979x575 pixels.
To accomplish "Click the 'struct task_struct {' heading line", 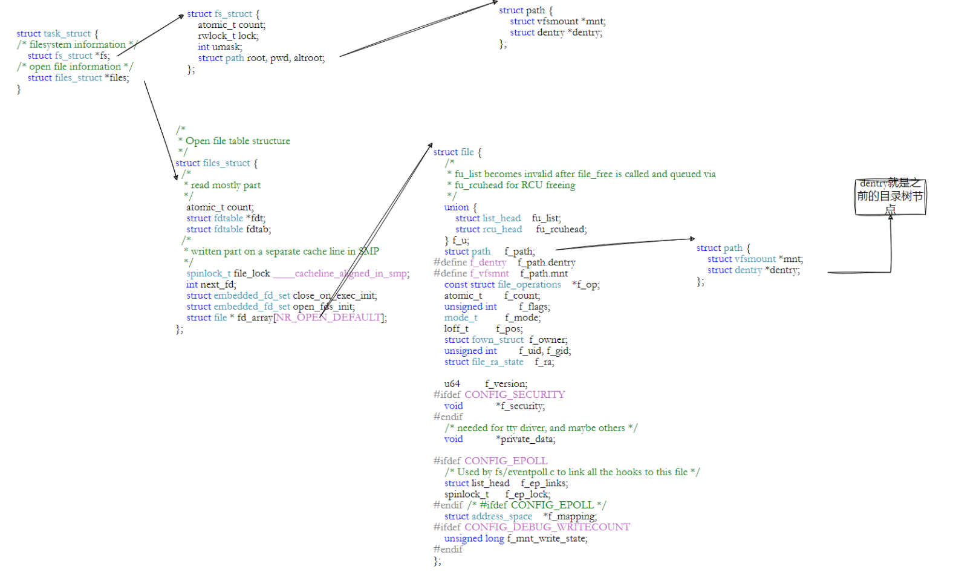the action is click(x=57, y=34).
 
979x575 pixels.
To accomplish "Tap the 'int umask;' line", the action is click(x=220, y=47).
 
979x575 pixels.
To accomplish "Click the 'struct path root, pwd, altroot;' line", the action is click(x=261, y=58).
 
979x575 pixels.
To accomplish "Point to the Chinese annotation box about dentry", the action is click(x=890, y=197).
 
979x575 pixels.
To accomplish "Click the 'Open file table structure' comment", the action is click(x=238, y=141).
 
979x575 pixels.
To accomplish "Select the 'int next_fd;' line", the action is click(x=211, y=285).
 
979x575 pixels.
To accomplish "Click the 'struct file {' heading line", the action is click(x=457, y=152).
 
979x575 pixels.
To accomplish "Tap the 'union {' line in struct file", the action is click(x=460, y=207).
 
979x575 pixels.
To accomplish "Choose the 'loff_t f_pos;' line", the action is click(x=483, y=329).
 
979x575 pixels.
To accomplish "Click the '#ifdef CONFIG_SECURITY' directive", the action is click(x=499, y=395).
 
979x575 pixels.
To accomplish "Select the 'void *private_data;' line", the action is click(x=499, y=440).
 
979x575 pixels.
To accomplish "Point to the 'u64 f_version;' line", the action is click(x=486, y=384).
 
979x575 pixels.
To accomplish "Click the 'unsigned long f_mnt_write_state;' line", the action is click(x=515, y=539).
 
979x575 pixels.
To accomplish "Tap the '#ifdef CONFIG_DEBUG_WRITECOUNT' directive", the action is click(x=532, y=527).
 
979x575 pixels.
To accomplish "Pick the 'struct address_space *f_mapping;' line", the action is click(x=520, y=516).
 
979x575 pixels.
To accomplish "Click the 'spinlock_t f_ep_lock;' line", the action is click(x=497, y=495).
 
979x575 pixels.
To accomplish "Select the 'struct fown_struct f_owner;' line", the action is click(x=506, y=340).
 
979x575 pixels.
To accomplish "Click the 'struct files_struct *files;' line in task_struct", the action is click(x=78, y=78).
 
